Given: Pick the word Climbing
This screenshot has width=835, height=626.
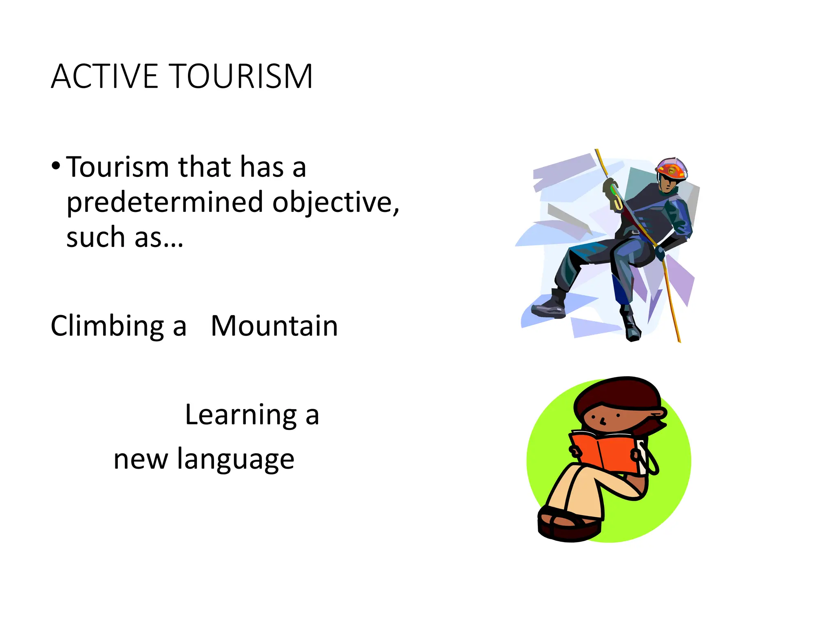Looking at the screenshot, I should (107, 326).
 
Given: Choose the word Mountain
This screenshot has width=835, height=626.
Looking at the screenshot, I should (274, 326).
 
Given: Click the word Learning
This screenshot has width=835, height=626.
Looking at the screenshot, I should (241, 415).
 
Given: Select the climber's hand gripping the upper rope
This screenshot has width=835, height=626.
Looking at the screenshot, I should (610, 187).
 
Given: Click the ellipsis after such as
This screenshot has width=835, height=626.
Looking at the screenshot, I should (172, 238).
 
